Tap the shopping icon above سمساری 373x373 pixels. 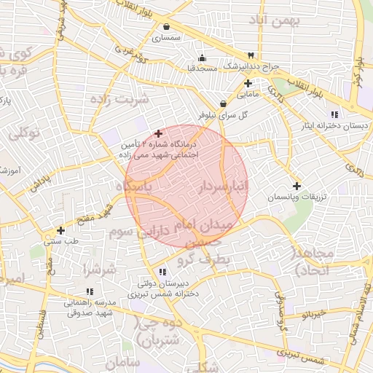(x=167, y=27)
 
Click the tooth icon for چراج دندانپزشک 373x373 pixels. (x=251, y=55)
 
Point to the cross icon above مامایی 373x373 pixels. (x=248, y=84)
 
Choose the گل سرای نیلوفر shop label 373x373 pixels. (x=223, y=115)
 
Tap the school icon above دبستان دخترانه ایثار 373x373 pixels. (x=334, y=114)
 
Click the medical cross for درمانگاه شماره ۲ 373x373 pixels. (x=158, y=133)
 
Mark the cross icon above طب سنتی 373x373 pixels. (x=60, y=231)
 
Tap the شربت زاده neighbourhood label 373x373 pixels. (x=123, y=98)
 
